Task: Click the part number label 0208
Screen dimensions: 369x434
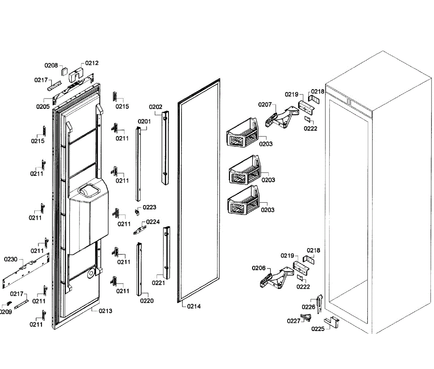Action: (51, 65)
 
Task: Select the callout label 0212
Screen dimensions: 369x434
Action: (92, 63)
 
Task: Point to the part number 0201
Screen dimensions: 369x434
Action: (144, 122)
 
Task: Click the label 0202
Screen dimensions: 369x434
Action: (156, 107)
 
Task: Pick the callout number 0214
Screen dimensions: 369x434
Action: (194, 306)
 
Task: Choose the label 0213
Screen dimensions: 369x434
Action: (105, 311)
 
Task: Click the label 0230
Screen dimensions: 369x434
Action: (10, 259)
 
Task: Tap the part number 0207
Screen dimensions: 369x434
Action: (265, 105)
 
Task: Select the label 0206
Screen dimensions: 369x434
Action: (259, 268)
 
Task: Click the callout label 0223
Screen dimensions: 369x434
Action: (149, 207)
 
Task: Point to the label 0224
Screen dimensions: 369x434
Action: (153, 222)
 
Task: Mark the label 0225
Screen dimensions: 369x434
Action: (318, 329)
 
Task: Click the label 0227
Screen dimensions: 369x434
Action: (294, 321)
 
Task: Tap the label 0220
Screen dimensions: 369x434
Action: (147, 301)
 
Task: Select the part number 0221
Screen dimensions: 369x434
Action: (158, 283)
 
